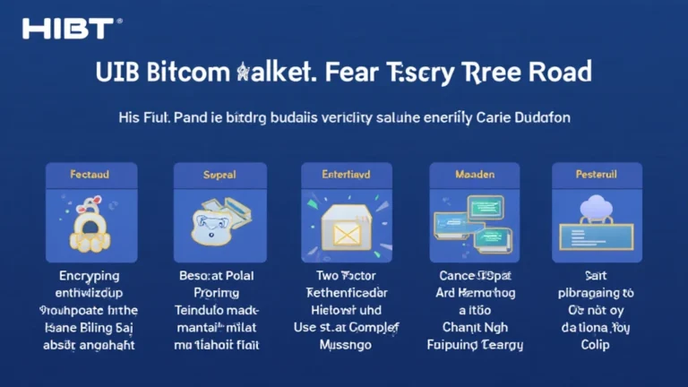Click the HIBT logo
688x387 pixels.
pos(67,28)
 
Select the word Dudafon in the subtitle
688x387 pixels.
pos(541,117)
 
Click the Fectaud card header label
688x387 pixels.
pos(90,174)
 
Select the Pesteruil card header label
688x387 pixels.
pos(597,174)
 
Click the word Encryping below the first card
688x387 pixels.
pos(90,277)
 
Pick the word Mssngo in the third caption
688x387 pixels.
pos(343,344)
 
